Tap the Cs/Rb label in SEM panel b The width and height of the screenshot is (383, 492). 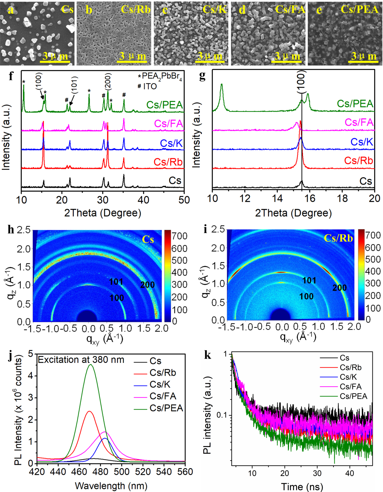(x=136, y=10)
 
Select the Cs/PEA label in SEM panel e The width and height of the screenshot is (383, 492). (x=359, y=10)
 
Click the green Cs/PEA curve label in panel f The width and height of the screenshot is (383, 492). (x=165, y=105)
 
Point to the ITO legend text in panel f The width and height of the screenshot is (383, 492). (x=150, y=86)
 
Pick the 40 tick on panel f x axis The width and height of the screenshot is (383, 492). (x=143, y=200)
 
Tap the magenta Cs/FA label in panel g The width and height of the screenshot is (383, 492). (x=359, y=122)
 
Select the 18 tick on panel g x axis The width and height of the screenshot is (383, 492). (x=342, y=198)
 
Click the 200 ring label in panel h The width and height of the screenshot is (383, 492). (x=147, y=285)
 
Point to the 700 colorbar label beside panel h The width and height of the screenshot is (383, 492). (x=179, y=236)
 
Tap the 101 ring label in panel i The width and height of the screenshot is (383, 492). (x=309, y=280)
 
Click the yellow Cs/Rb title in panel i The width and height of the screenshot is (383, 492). (x=338, y=238)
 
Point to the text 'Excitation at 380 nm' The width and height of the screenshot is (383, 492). (x=81, y=360)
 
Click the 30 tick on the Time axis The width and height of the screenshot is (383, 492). (x=317, y=473)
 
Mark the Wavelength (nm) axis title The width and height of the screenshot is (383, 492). (x=111, y=486)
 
